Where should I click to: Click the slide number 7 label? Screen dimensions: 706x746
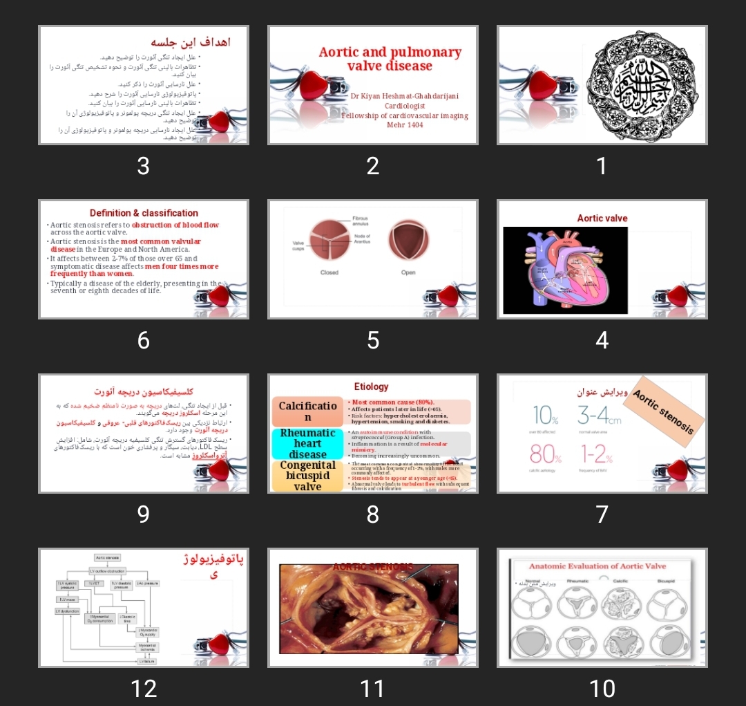[602, 514]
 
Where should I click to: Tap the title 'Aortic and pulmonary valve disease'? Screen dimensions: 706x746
[390, 59]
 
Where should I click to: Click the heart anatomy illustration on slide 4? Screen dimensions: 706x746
[565, 270]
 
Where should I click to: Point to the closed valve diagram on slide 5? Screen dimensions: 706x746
[329, 240]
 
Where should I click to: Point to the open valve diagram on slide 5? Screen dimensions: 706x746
[408, 240]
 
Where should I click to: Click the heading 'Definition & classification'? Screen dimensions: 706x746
[144, 213]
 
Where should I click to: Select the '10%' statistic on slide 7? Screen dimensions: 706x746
[544, 416]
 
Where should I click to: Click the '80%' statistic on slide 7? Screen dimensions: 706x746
[545, 454]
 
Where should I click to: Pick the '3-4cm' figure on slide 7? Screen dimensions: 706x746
[599, 416]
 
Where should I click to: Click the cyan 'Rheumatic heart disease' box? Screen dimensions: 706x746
[307, 443]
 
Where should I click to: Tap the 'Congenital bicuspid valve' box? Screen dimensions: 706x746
[307, 476]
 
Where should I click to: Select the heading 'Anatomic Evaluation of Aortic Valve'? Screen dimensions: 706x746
[597, 566]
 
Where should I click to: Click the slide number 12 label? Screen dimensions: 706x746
[144, 688]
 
